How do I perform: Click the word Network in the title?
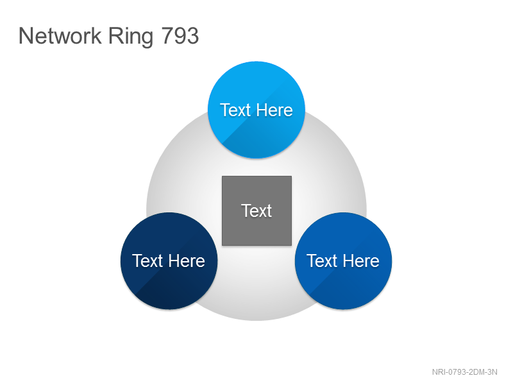point(60,36)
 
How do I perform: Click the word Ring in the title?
point(131,37)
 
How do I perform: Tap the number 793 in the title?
point(180,36)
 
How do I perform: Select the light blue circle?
point(256,110)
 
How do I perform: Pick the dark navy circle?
point(169,261)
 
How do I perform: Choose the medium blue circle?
point(344,261)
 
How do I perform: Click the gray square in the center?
point(257,211)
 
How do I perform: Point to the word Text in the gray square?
point(257,211)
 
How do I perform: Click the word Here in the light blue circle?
point(274,110)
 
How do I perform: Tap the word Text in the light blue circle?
point(235,110)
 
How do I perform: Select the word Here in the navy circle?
point(187,261)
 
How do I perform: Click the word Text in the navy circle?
point(147,261)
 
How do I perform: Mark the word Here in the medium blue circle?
point(362,261)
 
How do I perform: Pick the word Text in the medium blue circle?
point(322,261)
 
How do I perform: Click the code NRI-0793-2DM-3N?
point(464,372)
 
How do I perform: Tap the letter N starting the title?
point(26,36)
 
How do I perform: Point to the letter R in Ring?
point(116,36)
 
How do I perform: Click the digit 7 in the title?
point(167,36)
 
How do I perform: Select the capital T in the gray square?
point(246,211)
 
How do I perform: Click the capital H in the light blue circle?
point(262,110)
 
